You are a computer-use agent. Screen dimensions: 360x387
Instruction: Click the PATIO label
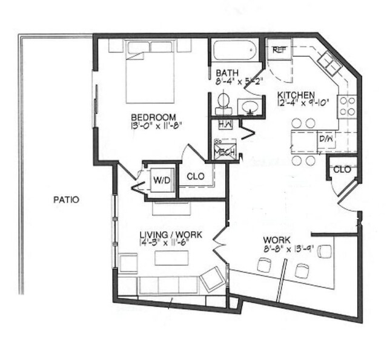66,198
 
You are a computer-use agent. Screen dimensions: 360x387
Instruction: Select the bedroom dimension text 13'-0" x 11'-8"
155,126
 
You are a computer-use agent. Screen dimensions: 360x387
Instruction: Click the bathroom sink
250,107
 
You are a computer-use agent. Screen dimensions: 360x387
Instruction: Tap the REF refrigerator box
279,50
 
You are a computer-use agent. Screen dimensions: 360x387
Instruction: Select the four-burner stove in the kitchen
347,106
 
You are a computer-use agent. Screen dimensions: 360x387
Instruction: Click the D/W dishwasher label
326,139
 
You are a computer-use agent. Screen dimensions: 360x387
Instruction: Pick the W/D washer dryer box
161,180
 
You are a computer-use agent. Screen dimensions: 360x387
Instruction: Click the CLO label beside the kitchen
342,169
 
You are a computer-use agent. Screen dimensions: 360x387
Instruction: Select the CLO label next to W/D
195,177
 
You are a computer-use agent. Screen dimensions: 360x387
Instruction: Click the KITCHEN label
296,95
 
